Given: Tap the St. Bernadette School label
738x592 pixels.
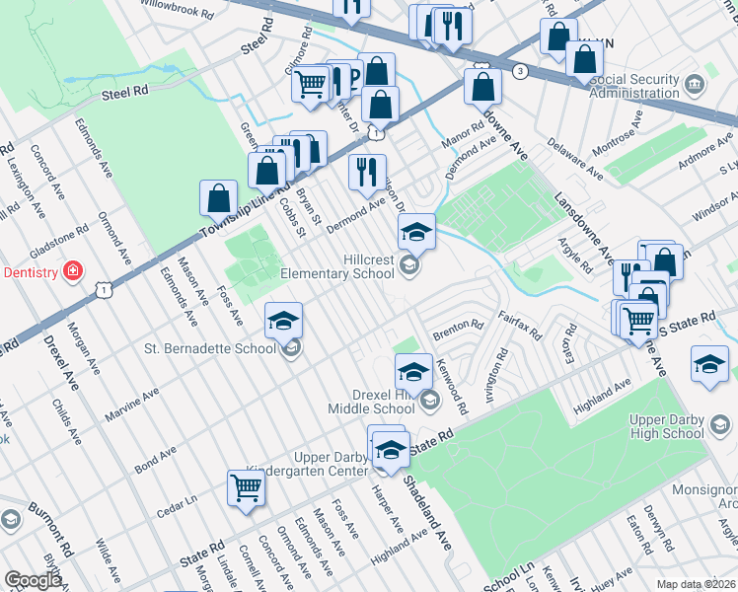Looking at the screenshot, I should click(x=209, y=347).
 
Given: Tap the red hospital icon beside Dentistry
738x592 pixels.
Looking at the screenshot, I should click(x=71, y=271).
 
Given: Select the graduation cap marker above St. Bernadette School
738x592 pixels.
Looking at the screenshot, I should click(x=283, y=321).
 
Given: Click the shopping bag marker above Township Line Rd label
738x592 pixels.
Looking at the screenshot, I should click(x=218, y=198).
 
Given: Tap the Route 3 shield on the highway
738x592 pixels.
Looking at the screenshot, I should click(x=519, y=71).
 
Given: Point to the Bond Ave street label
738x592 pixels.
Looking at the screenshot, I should click(x=156, y=460).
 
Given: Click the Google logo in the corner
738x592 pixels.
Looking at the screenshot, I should click(x=34, y=579).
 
